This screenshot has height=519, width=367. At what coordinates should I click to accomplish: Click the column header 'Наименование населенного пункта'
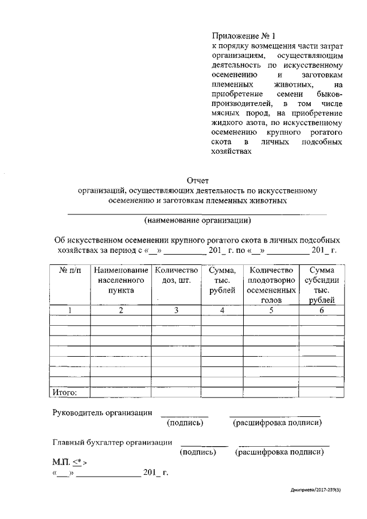pos(121,280)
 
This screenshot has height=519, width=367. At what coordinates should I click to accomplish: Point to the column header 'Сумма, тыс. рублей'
pos(222,280)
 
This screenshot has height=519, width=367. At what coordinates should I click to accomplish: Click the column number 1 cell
pos(70,310)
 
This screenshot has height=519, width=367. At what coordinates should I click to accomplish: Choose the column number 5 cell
pos(272,310)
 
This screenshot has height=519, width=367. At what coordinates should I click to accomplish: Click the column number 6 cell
pos(322,310)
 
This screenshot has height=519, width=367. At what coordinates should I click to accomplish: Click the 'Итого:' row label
pos(65,393)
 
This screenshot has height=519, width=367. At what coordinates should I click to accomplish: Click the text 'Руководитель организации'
pos(103,412)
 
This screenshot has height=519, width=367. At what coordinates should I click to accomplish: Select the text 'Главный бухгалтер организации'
pos(112,442)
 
